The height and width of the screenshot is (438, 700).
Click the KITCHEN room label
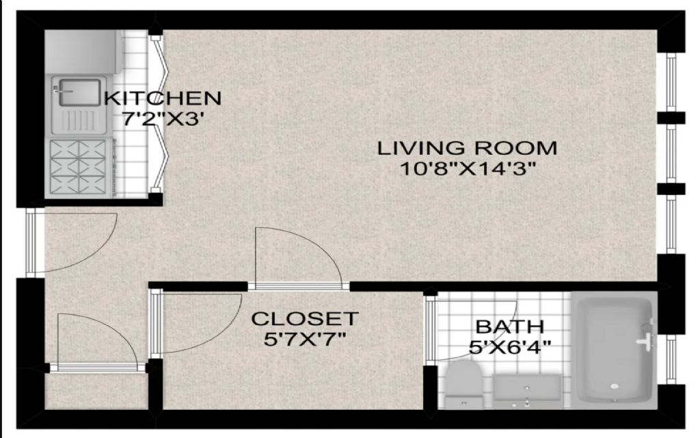pos(163,98)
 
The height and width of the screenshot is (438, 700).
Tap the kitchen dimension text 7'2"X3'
pos(163,119)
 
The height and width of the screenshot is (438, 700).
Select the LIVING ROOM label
pos(468,148)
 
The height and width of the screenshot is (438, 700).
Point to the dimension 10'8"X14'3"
pos(468,169)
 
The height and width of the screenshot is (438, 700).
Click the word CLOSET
pos(305,319)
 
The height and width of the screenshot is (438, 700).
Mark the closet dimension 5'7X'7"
pos(305,339)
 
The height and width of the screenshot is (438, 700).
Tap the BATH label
pos(510,326)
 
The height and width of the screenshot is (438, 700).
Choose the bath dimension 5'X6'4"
pos(510,346)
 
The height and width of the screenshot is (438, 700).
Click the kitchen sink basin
pos(79,92)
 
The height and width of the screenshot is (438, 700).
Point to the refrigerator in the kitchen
pos(83,51)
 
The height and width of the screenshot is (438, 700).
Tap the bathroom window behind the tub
pos(671,359)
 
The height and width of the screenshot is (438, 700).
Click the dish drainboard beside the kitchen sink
pos(79,120)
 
